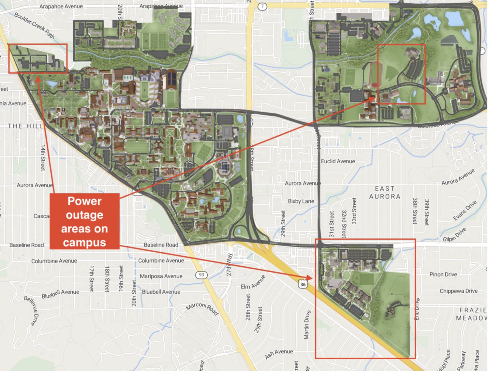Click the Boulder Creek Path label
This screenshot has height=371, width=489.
(x=35, y=25)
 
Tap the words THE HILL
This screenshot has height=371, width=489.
(x=25, y=126)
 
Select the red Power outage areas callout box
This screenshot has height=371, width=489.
(x=84, y=221)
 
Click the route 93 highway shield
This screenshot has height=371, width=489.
(x=201, y=275)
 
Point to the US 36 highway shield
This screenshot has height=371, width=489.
(x=303, y=284)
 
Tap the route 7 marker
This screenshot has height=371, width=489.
(x=262, y=6)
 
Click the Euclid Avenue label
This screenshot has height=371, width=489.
(x=338, y=161)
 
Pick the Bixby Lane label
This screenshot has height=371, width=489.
(x=301, y=201)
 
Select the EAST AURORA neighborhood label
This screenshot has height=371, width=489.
(x=385, y=192)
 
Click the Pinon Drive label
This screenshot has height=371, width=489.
(x=443, y=274)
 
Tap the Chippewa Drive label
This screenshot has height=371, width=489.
(x=458, y=291)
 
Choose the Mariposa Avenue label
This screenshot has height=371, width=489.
(x=161, y=276)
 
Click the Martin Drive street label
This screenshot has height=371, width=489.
(x=307, y=325)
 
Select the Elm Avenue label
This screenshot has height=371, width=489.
(x=253, y=282)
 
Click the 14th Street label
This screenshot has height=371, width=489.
(x=43, y=158)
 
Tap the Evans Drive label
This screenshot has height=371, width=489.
(x=465, y=211)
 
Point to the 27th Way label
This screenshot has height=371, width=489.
(x=229, y=264)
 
